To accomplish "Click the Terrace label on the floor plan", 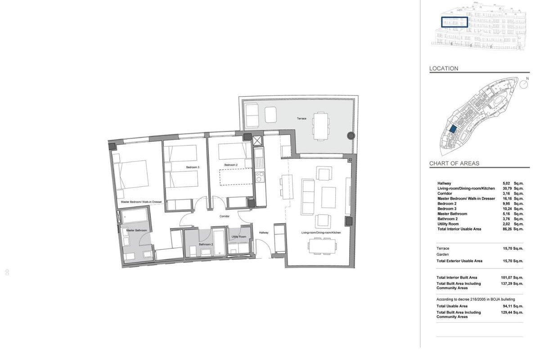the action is (301, 118).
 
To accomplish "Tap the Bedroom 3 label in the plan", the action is (193, 167).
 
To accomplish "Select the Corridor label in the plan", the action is (224, 216).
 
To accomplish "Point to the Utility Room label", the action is (238, 237).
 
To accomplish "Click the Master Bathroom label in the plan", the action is (136, 230).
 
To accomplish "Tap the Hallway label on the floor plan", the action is (264, 233).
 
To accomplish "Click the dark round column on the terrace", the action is (351, 135).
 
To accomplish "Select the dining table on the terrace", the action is (320, 126).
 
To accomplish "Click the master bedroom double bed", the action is (130, 175).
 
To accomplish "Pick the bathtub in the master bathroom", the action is (134, 215).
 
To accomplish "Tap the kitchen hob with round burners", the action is (260, 177).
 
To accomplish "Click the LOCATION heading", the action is (444, 68).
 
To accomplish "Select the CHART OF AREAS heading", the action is (454, 163).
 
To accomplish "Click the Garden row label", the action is (443, 254).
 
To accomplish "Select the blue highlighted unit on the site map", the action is (453, 129).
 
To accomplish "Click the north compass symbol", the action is (524, 84).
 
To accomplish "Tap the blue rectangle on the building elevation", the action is (454, 22).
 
